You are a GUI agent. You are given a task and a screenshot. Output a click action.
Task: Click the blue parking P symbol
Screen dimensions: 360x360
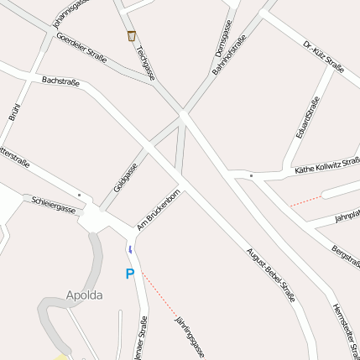[x=129, y=274]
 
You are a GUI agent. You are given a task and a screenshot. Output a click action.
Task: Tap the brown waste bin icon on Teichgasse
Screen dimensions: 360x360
[x=131, y=36]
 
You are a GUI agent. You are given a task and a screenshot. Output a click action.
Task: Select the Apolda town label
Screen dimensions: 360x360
[x=84, y=295]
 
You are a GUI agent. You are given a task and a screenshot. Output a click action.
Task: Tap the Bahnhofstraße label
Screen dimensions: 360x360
[x=229, y=55]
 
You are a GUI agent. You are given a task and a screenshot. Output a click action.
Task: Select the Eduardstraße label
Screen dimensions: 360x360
[x=307, y=117]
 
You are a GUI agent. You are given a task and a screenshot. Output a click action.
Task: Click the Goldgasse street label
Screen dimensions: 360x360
[x=125, y=177]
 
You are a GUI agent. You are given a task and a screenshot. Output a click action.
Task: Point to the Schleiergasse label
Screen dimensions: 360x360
[x=53, y=204]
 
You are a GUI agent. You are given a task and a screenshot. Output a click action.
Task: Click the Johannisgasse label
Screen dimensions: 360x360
[x=71, y=8]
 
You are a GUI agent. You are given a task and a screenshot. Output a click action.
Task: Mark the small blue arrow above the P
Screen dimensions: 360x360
[x=130, y=250]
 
